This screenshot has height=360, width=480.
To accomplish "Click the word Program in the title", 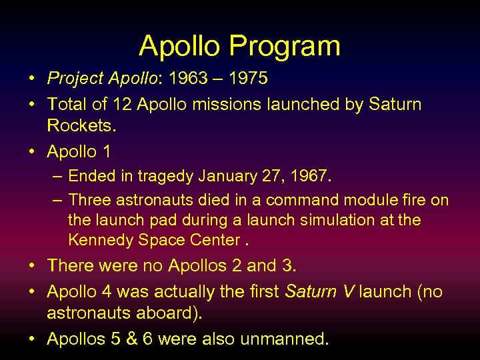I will coord(285,47).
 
